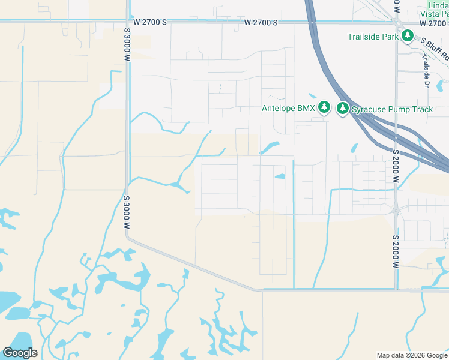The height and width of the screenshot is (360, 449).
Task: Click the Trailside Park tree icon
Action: point(408,37)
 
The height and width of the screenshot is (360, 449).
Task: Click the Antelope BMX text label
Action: point(288,109)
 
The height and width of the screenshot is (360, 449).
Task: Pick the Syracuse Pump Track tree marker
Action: point(343,109)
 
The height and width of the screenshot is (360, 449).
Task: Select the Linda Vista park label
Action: point(433,9)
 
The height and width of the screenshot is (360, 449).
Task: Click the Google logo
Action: point(20,353)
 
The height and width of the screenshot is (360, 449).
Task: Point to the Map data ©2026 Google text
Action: point(412,355)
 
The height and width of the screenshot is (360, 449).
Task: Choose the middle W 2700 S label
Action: point(261,22)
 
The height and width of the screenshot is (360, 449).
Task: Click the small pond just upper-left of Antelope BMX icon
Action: point(312,95)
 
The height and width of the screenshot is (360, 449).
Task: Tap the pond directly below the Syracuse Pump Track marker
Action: point(354,147)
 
